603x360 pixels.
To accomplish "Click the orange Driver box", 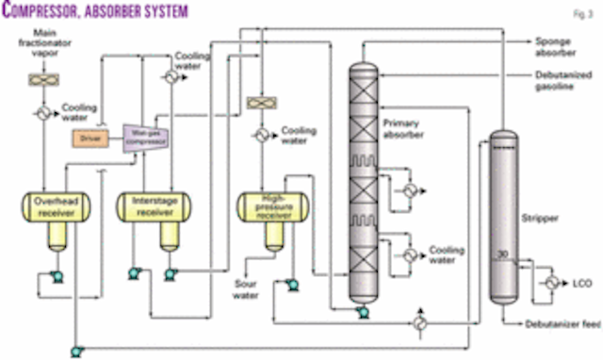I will [91, 140].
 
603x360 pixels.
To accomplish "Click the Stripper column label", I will [535, 218].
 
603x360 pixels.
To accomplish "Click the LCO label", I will [580, 282].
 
